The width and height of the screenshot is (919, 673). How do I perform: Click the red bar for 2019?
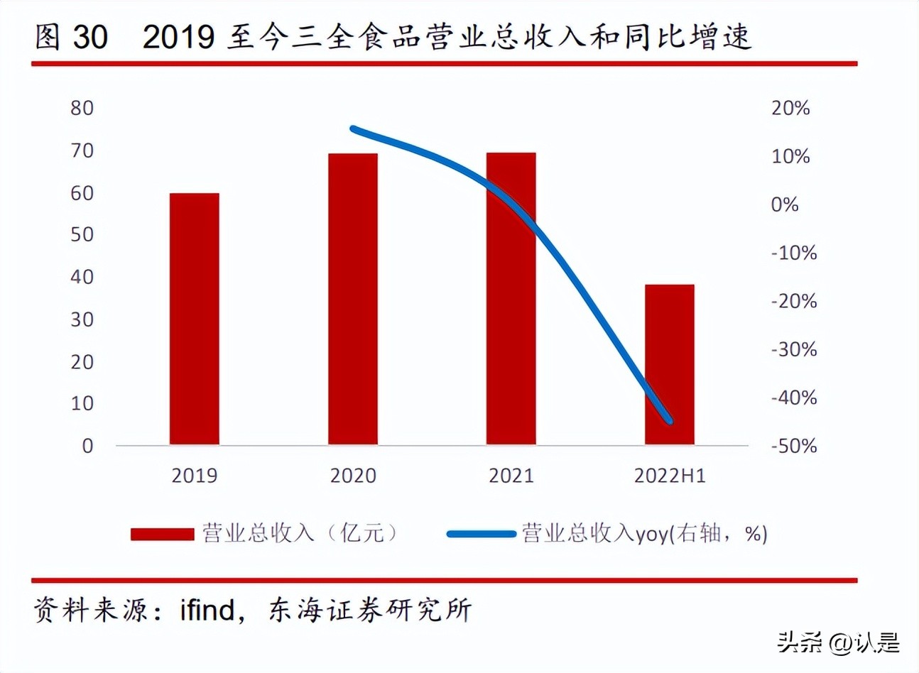pos(194,319)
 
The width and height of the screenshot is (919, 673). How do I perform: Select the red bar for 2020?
pos(353,299)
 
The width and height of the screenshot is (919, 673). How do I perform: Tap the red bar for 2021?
pos(511,299)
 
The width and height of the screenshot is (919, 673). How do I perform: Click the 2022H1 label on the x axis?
pos(670,476)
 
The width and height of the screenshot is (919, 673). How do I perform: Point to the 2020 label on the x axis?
pos(353,476)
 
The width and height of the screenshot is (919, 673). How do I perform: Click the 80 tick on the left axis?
pos(82,108)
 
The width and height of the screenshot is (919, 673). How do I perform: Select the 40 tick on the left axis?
pos(82,277)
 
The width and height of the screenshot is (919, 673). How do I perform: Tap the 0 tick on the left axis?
pos(87,446)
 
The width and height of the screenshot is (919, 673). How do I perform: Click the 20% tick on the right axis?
pos(790,108)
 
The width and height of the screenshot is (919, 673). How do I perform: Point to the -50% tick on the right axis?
pos(794,446)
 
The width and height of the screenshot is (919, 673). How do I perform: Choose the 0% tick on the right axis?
pos(785,204)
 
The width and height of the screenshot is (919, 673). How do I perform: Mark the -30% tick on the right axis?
pos(794,349)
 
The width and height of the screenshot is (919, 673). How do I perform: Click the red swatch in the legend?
pos(162,534)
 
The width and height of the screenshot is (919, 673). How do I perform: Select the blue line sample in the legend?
pos(481,534)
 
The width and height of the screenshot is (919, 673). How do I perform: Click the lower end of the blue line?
pos(669,421)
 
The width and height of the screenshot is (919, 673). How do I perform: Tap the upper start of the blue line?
pos(354,128)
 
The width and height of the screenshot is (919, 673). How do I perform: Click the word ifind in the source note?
pos(207,610)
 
